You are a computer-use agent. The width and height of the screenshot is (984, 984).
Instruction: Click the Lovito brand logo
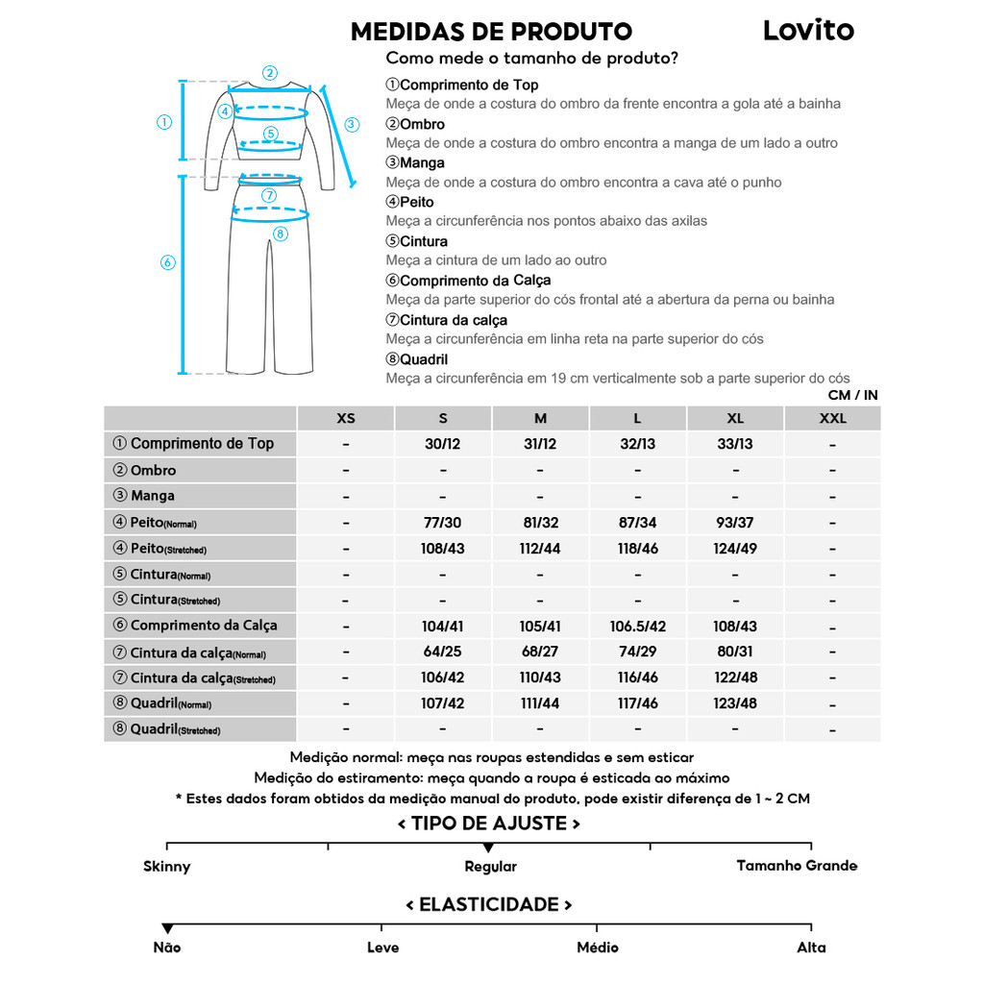click(808, 30)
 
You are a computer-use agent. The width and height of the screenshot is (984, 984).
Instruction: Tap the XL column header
click(735, 418)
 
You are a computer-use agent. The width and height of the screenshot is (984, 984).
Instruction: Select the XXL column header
click(832, 418)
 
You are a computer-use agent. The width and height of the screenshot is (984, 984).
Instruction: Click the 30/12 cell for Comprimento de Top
click(443, 444)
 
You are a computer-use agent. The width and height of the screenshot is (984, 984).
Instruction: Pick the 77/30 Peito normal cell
click(443, 523)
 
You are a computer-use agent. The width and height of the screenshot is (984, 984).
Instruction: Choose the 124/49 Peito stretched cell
click(735, 550)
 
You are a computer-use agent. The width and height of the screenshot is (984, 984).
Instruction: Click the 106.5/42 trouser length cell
click(638, 626)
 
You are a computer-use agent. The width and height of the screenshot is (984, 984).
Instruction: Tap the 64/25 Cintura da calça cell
click(443, 652)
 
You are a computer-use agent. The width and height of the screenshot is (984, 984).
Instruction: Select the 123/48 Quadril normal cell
click(735, 703)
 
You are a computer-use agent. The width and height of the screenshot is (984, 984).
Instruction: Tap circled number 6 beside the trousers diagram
click(167, 262)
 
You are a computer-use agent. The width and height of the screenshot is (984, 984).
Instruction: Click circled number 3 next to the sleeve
click(352, 124)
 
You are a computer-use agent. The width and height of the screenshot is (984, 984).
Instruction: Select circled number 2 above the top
click(270, 72)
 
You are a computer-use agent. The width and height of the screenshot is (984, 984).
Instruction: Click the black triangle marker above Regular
click(489, 848)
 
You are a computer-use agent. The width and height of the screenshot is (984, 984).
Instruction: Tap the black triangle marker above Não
click(167, 928)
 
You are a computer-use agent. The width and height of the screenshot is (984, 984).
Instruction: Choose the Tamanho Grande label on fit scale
click(797, 866)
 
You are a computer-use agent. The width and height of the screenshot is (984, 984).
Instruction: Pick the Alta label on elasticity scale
click(811, 947)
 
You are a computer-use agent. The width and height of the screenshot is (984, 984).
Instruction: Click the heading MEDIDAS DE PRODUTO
click(491, 32)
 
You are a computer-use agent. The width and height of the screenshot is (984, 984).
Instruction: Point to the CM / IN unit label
click(852, 395)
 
